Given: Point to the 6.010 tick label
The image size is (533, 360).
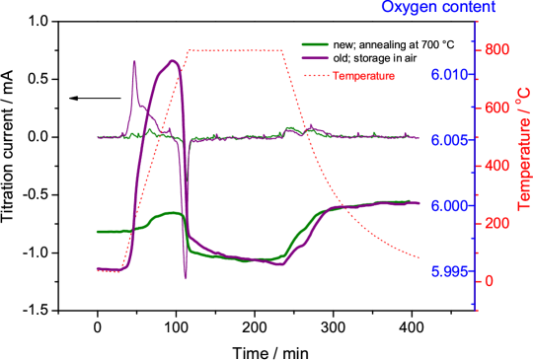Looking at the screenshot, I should (x=447, y=75).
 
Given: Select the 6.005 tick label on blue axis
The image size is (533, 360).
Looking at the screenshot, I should (x=447, y=140).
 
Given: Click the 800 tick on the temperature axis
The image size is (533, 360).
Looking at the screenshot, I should (x=495, y=49).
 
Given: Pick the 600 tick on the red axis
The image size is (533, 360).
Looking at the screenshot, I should (x=495, y=108).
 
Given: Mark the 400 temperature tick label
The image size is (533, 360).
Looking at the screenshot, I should (x=495, y=166).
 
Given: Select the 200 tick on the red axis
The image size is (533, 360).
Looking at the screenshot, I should (x=495, y=224).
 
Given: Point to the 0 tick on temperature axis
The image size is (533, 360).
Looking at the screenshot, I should (x=489, y=281).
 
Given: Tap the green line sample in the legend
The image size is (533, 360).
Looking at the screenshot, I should (x=315, y=44).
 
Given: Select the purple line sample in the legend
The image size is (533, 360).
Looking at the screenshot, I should (x=315, y=59).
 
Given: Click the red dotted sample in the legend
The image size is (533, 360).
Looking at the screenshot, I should (x=315, y=75).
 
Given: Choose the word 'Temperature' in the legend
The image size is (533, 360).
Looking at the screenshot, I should (x=363, y=75).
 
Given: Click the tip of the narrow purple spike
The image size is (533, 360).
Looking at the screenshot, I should (x=134, y=62).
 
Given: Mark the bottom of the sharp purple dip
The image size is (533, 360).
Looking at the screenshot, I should (x=186, y=278).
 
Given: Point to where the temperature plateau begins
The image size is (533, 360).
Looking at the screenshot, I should (x=189, y=50).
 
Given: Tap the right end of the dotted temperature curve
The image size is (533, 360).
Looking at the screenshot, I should (x=419, y=256).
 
